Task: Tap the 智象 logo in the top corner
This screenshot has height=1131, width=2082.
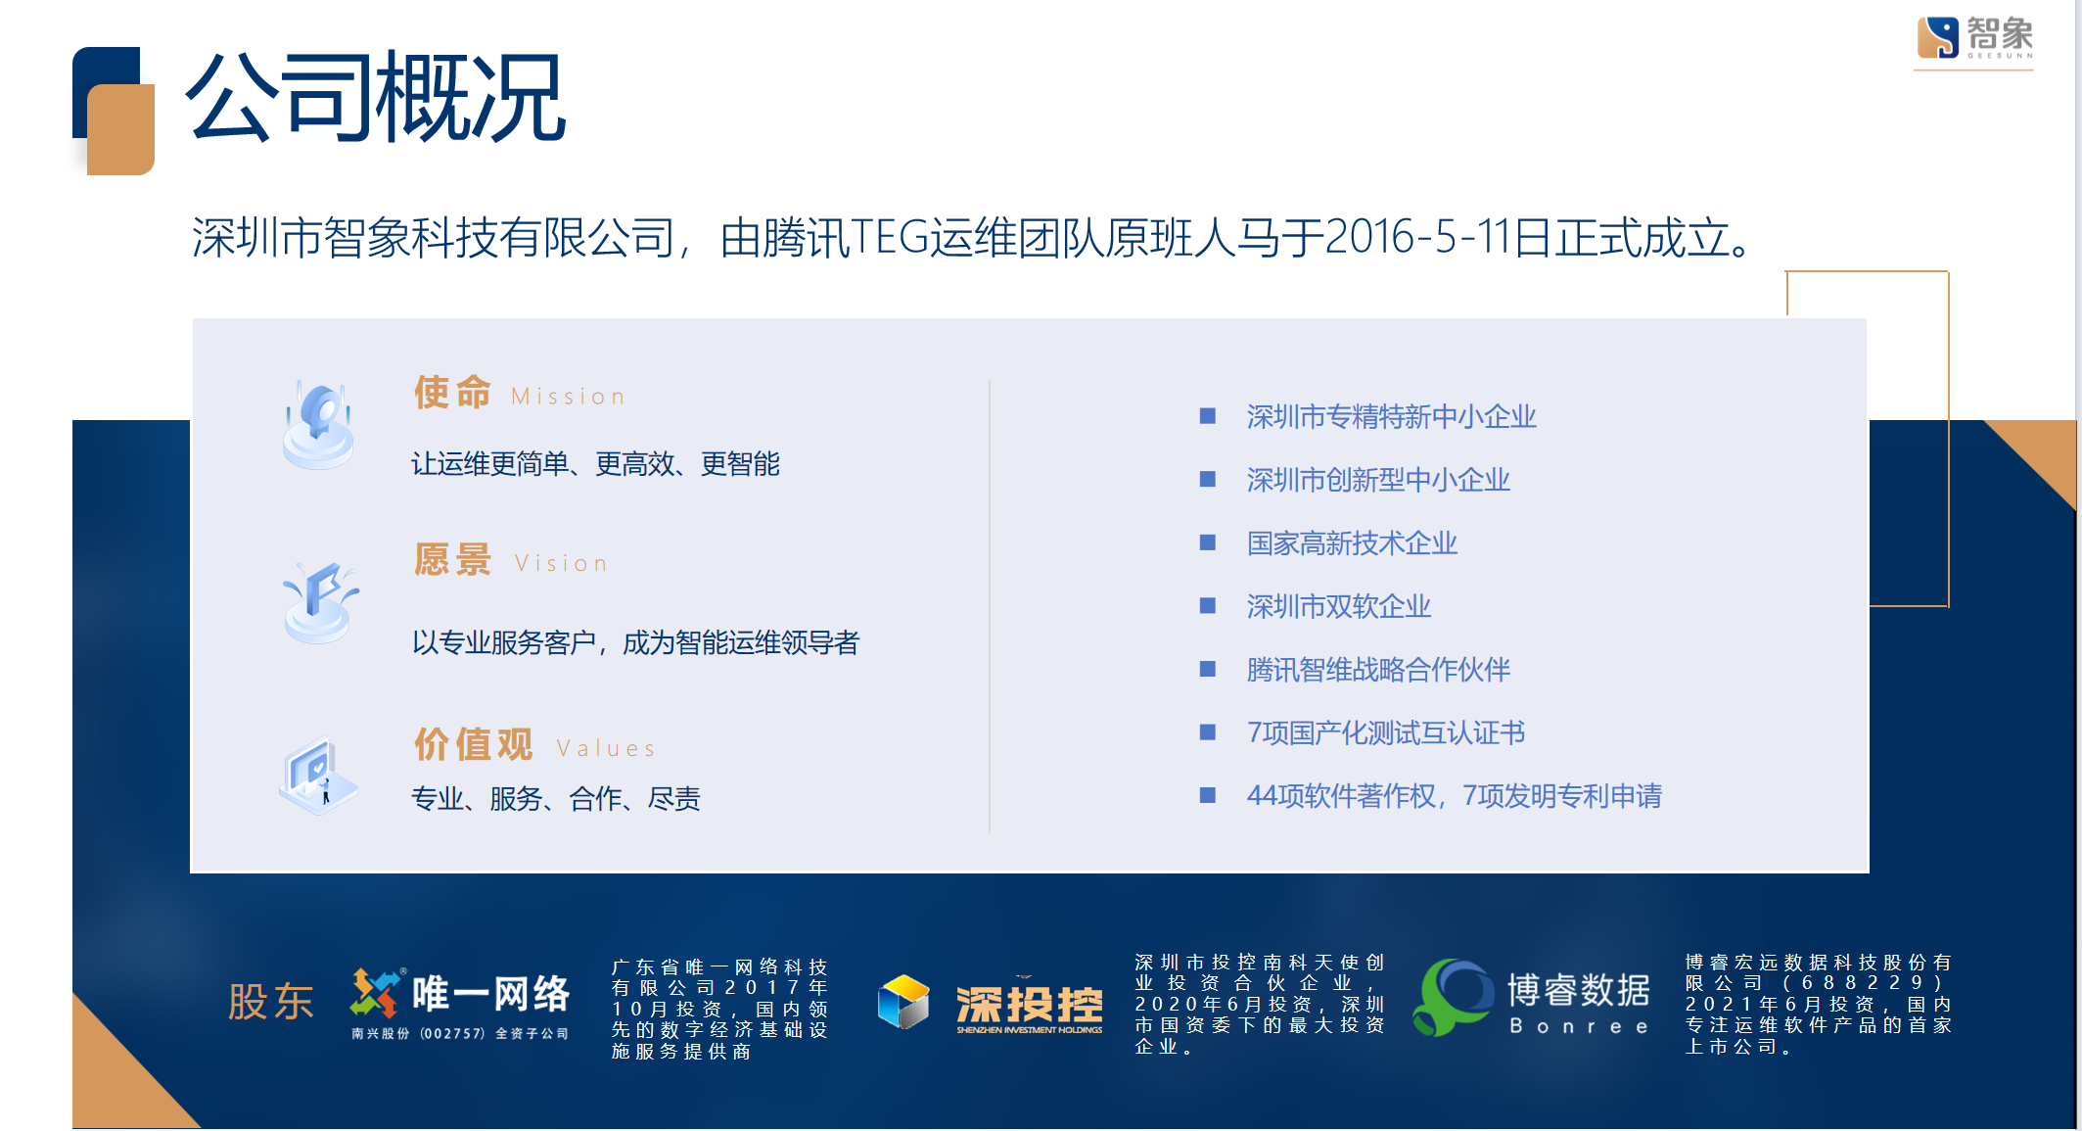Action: (x=1973, y=39)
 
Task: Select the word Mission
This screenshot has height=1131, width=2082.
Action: (x=568, y=397)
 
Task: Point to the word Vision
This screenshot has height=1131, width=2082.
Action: (x=561, y=564)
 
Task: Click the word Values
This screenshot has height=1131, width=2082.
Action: (x=605, y=749)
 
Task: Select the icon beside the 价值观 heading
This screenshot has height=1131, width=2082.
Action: (x=319, y=777)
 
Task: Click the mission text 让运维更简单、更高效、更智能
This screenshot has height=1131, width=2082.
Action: (x=595, y=464)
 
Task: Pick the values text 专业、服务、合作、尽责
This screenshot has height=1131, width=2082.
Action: (x=556, y=799)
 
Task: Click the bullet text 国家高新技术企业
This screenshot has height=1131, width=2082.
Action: (x=1352, y=543)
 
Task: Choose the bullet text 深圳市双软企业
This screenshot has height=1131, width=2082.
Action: (x=1338, y=607)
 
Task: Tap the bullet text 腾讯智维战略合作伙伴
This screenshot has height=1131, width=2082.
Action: (x=1378, y=670)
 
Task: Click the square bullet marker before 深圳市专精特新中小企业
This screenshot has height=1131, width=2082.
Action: (x=1208, y=416)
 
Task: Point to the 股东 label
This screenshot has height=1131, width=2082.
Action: (x=271, y=1002)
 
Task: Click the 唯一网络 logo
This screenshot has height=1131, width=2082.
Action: (x=460, y=1004)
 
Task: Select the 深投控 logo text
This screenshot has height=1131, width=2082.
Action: (x=1030, y=1007)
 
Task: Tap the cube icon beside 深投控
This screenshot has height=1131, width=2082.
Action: (x=903, y=1002)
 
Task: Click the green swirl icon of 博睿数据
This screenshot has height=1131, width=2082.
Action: (x=1453, y=997)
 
